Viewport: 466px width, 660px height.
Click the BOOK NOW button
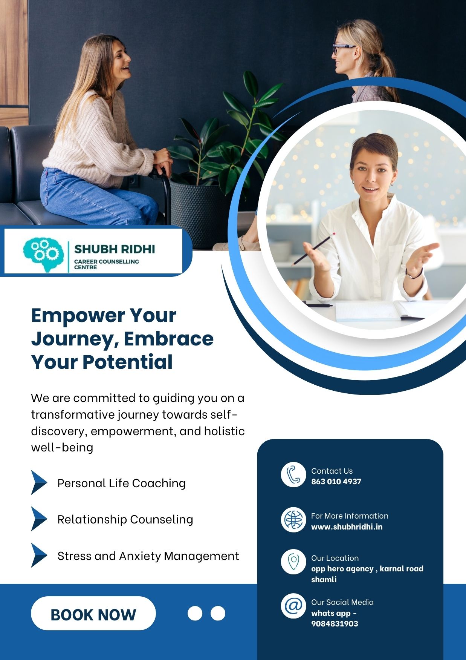point(93,613)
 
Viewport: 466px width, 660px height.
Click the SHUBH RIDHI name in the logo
point(115,249)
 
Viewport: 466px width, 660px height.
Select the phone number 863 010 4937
point(336,482)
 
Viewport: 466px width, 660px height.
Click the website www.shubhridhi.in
point(347,527)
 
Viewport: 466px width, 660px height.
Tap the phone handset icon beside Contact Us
point(293,474)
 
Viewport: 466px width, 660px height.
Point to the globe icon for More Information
point(293,519)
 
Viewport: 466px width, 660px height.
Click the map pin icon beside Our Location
point(293,562)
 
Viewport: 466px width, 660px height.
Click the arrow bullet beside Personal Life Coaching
point(39,482)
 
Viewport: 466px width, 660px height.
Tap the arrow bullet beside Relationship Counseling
point(39,519)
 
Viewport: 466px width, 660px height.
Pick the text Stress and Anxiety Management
point(148,556)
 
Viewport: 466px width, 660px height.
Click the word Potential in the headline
point(128,362)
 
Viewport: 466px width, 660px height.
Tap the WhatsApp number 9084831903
point(335,624)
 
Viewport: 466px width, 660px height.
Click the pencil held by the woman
point(312,249)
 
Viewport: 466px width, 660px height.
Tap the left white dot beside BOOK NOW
point(195,613)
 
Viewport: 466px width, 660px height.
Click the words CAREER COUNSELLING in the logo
point(107,261)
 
